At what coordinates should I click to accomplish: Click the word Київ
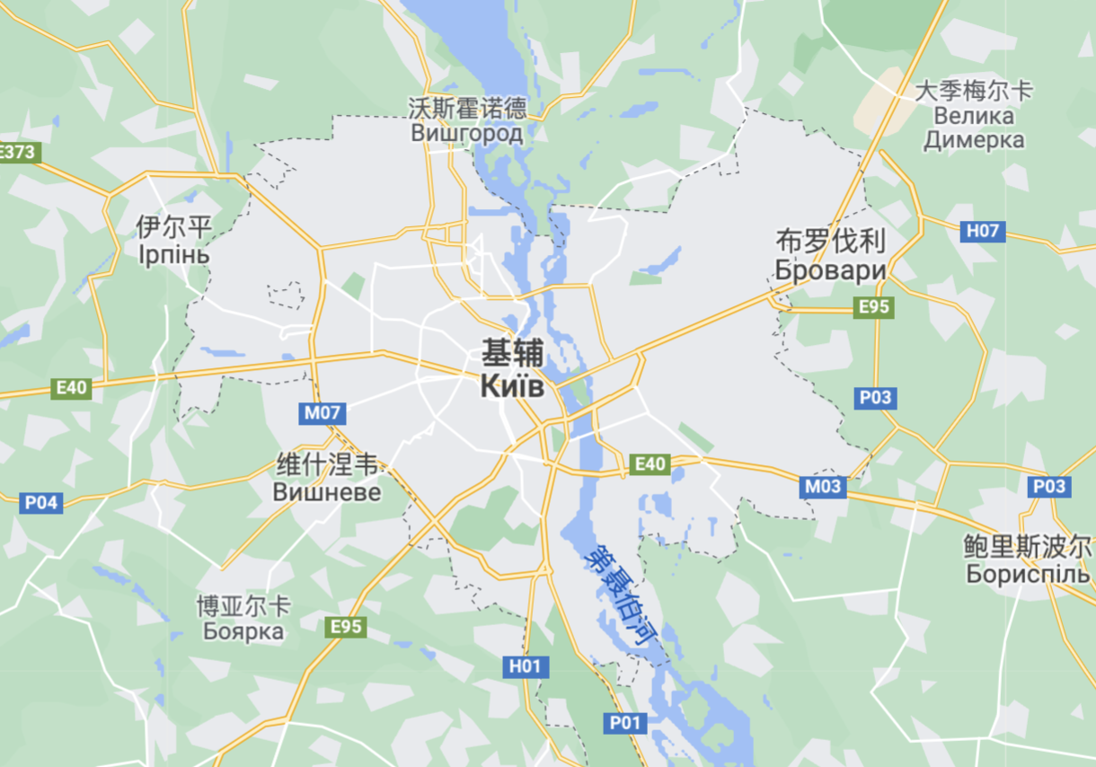point(511,386)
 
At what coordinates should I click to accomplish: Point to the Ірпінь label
point(174,254)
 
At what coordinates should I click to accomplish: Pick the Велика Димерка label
point(974,128)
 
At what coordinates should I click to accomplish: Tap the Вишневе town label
point(327,492)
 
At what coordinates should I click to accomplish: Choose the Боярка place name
point(243,631)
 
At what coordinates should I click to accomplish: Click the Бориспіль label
point(1028,572)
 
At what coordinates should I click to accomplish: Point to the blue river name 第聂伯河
point(619,596)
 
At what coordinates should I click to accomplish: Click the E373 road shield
point(18,152)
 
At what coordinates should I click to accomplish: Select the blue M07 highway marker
point(323,413)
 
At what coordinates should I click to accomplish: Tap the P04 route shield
point(41,502)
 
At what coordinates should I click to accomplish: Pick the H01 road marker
point(526,666)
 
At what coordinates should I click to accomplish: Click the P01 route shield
point(625,722)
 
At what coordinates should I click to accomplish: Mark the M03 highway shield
point(823,487)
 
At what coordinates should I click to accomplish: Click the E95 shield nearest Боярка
point(346,626)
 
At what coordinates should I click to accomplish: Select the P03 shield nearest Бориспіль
point(1049,486)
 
